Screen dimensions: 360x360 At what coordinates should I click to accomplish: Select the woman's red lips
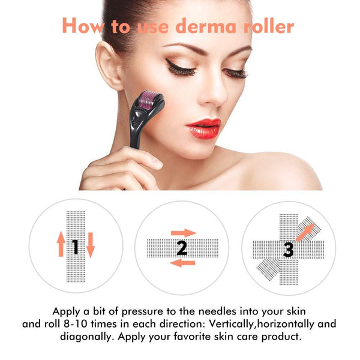coord(203,127)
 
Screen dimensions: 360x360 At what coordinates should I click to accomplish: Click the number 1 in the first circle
coord(76,246)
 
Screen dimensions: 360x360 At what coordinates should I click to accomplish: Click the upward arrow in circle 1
coord(61,245)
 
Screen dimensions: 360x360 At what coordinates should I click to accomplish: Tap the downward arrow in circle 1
coord(91,245)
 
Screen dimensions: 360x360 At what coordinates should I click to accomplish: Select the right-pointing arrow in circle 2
coord(184,232)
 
